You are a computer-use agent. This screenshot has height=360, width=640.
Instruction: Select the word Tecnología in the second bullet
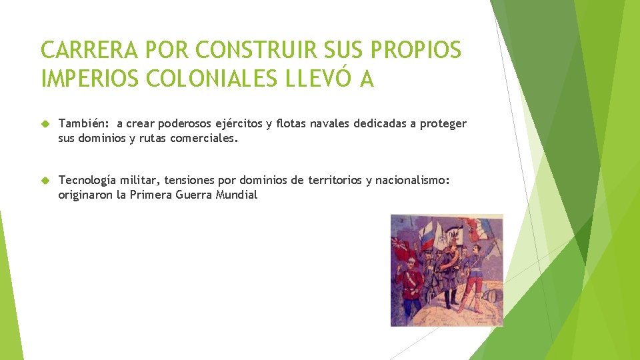[x=87, y=180]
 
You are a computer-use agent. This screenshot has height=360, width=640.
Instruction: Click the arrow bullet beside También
[x=45, y=124]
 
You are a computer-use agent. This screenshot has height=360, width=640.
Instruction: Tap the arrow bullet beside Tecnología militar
[x=45, y=181]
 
